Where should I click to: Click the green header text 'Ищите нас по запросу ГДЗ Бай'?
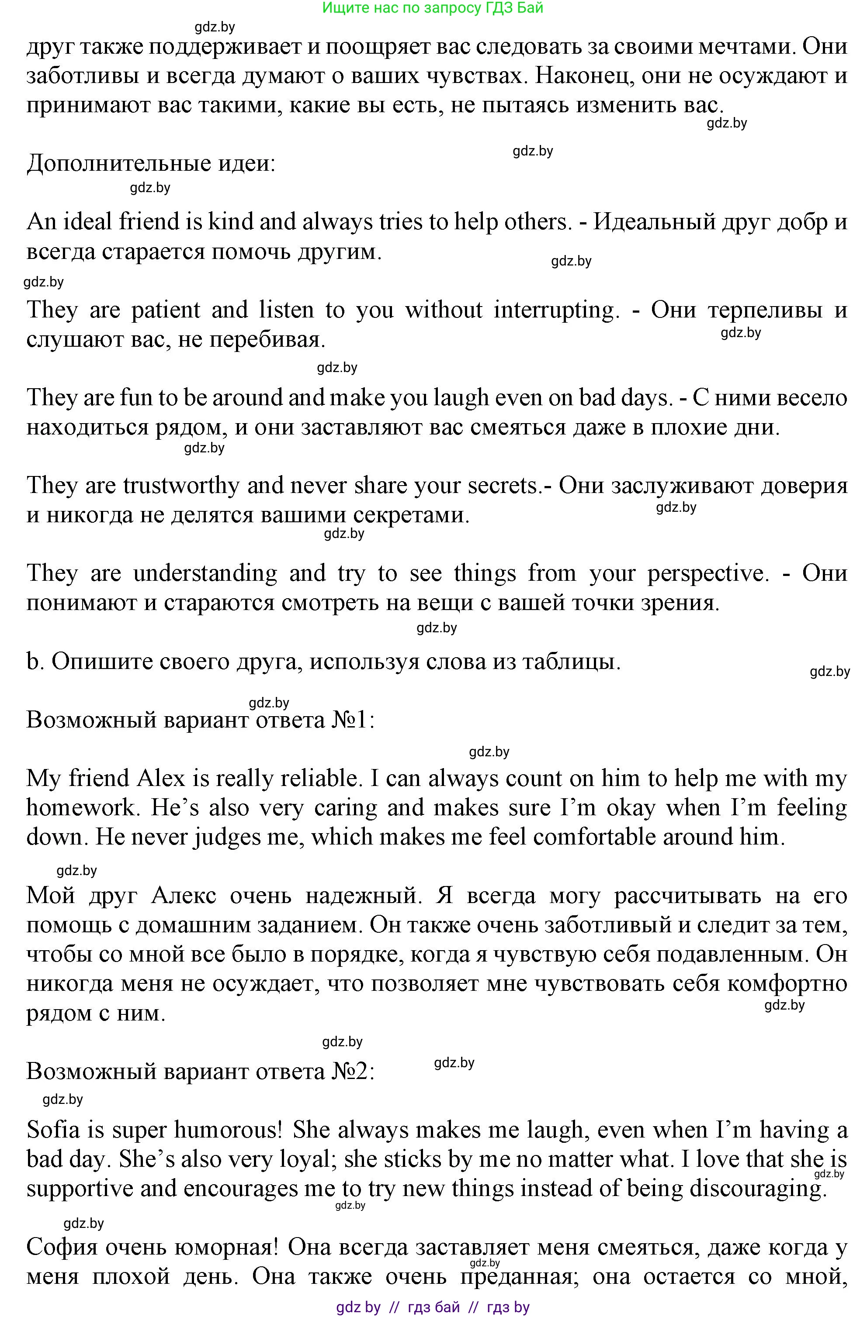[433, 8]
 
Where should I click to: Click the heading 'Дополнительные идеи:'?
[151, 163]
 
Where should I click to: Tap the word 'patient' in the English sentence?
[166, 310]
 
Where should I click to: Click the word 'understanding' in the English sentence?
[205, 573]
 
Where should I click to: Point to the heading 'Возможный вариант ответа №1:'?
[201, 720]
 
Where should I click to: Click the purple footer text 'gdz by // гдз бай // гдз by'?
[433, 1307]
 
